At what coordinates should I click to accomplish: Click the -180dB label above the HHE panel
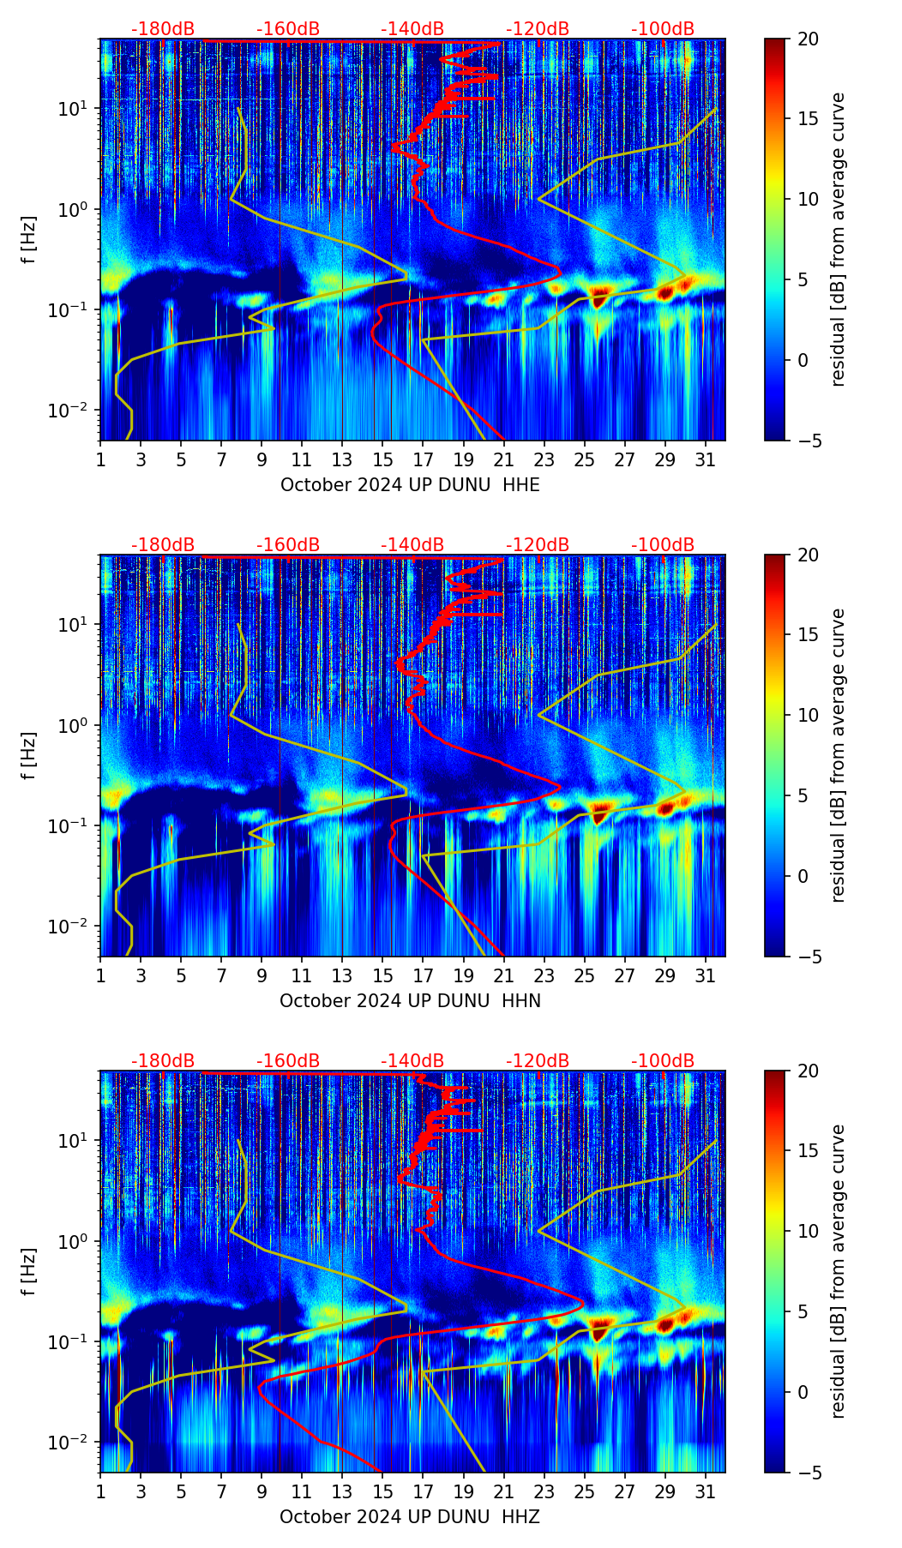click(163, 29)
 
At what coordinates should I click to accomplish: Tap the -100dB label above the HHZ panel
click(663, 1061)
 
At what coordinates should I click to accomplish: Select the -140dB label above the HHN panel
click(412, 545)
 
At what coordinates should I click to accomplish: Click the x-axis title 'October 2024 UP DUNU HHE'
click(410, 485)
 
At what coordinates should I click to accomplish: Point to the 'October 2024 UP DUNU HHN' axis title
click(410, 1001)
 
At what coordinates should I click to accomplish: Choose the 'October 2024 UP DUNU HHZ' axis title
click(410, 1517)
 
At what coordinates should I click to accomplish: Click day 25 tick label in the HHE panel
click(584, 460)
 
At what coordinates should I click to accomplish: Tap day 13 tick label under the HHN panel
click(342, 976)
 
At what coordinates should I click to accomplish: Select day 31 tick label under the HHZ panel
click(705, 1492)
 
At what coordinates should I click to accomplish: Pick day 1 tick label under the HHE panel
click(101, 460)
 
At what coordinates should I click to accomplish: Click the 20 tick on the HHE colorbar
click(808, 39)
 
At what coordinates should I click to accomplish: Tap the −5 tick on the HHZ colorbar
click(808, 1473)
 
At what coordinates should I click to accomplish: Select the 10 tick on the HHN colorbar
click(808, 715)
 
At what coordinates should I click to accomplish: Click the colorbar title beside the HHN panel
click(839, 755)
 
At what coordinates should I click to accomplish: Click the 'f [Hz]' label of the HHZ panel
click(29, 1271)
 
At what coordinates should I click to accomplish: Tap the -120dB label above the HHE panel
click(538, 29)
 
